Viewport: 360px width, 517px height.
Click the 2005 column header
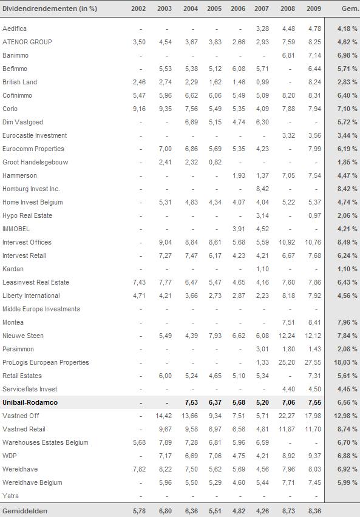point(214,8)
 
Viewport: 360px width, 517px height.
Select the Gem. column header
point(350,8)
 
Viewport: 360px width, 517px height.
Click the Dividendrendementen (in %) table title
point(50,8)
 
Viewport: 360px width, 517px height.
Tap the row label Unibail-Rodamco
point(30,402)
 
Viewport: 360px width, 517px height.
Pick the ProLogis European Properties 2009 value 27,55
point(313,362)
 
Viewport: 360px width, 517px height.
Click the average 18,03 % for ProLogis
point(345,362)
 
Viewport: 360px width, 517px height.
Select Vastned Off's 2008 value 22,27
point(287,416)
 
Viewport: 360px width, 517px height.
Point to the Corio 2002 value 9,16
point(139,109)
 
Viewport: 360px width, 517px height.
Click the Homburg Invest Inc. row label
point(31,189)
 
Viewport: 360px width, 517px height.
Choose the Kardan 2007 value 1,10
point(262,269)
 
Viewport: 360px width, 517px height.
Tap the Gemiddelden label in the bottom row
point(25,511)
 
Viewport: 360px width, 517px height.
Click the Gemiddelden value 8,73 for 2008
point(288,511)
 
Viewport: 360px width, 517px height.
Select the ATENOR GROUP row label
point(27,42)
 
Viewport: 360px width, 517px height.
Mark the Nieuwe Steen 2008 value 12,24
point(287,336)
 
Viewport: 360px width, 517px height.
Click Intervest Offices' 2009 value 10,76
point(313,242)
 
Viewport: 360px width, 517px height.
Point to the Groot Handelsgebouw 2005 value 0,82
point(215,162)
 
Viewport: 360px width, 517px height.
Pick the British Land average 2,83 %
point(347,82)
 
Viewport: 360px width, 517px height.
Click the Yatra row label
point(10,496)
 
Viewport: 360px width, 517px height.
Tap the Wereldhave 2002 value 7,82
point(139,469)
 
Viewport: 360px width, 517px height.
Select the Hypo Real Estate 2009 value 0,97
point(315,215)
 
